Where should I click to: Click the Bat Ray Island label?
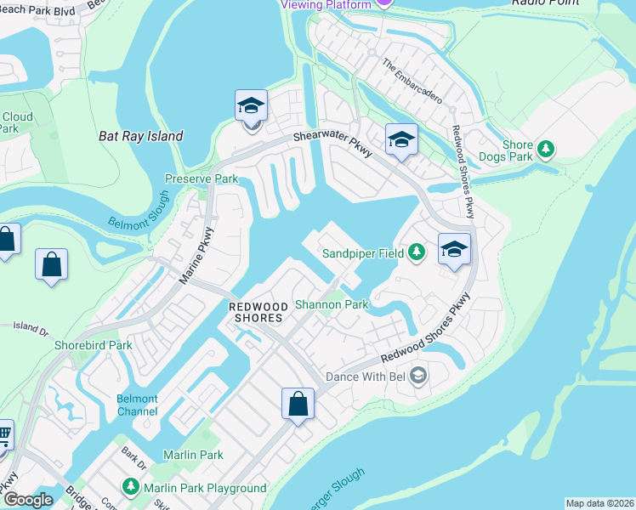coord(140,136)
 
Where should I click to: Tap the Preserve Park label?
coord(201,179)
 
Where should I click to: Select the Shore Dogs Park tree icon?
coord(546,150)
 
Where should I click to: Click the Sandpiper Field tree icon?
coord(416,252)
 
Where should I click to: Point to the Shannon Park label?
coord(331,304)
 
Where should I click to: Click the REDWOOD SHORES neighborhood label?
coord(254,311)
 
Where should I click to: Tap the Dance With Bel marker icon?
coord(417,375)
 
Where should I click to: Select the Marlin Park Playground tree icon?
coord(130,488)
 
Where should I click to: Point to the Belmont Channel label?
coord(137,405)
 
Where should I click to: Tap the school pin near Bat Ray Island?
coord(251,107)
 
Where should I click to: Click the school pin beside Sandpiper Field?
coord(455,249)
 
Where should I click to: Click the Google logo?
coord(28,500)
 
